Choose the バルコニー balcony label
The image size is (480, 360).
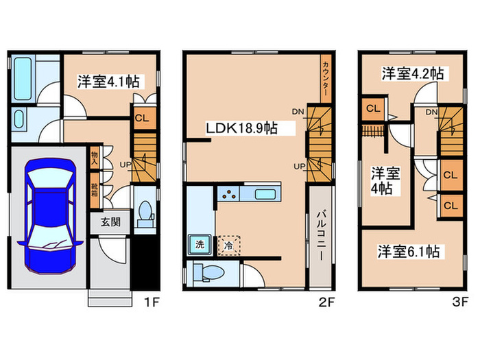point(320,235)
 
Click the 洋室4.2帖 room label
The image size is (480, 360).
point(413,73)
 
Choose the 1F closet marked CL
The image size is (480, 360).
point(143,117)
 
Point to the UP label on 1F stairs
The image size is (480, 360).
point(125,165)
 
